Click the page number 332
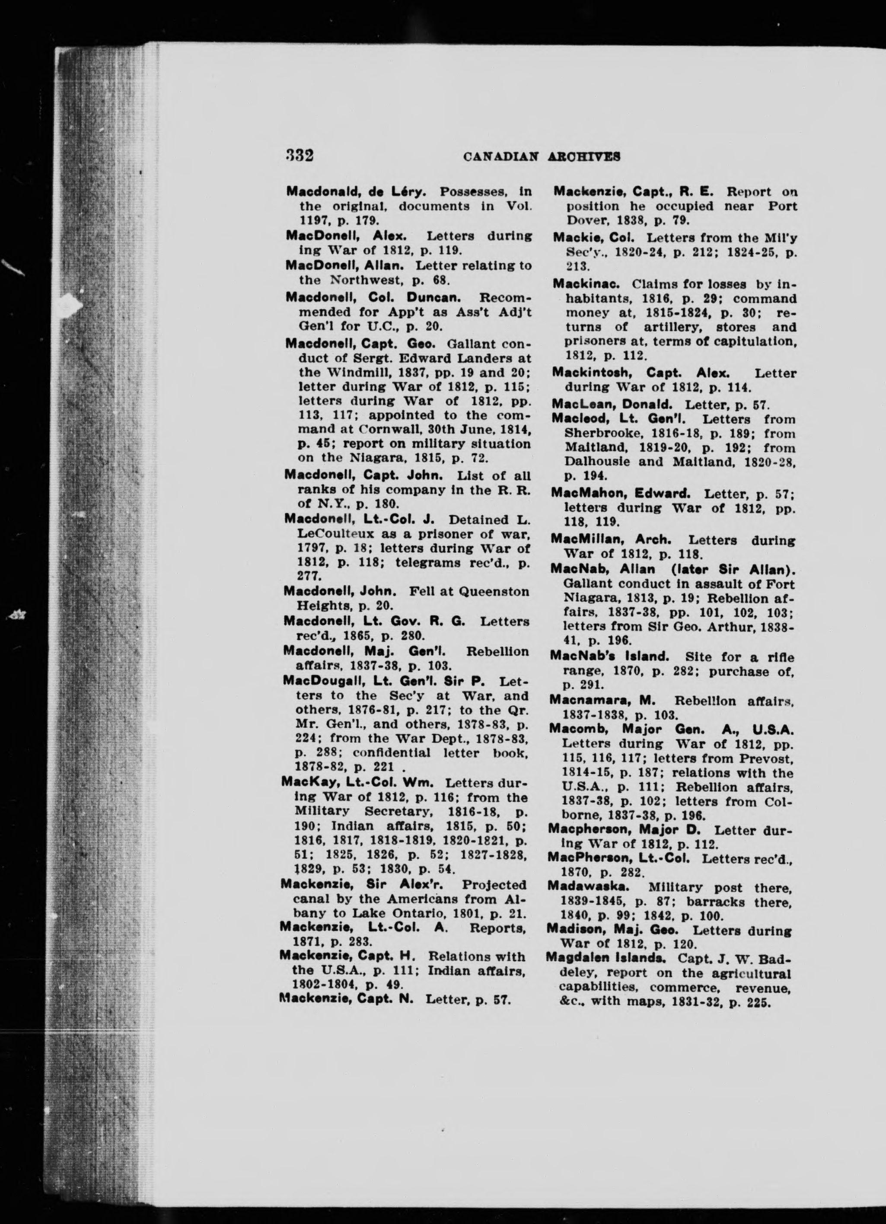click(300, 156)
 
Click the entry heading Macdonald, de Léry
click(357, 191)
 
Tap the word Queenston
click(495, 592)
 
